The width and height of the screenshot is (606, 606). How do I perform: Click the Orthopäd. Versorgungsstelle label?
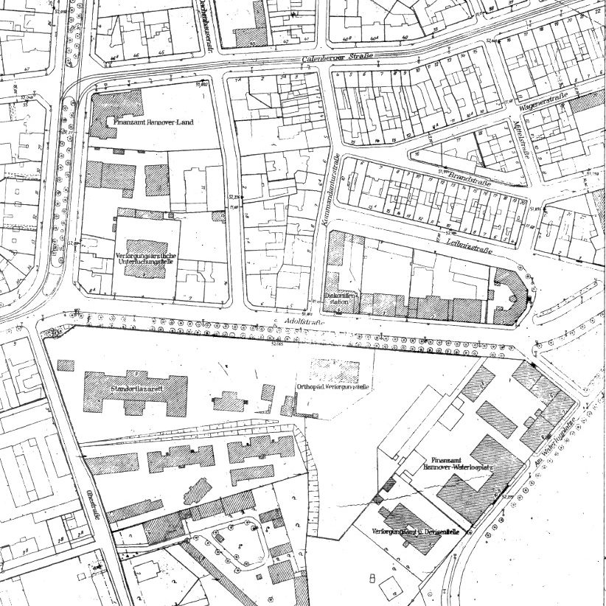(332, 387)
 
